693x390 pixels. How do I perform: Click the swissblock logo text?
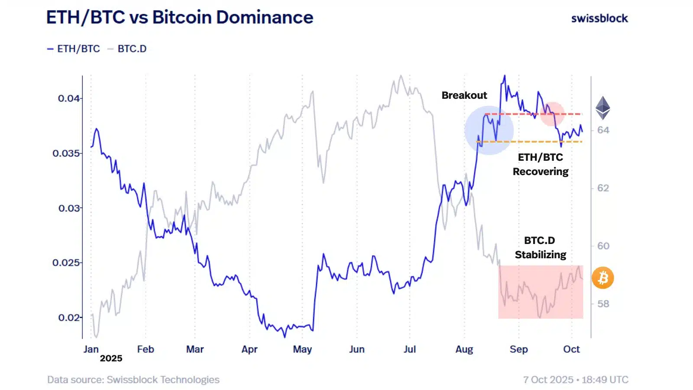coord(599,19)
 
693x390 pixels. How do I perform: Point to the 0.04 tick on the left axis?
coord(69,98)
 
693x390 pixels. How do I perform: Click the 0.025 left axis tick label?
coord(66,263)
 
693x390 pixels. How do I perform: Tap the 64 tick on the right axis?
coord(603,130)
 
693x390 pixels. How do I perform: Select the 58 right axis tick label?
coord(603,304)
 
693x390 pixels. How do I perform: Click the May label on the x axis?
coord(302,349)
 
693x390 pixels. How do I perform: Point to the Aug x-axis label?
coord(464,349)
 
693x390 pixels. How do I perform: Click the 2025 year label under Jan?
coord(111,358)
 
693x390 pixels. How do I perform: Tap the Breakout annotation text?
coord(464,95)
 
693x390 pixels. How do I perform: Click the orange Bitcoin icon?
coord(602,278)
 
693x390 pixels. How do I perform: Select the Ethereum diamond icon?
coord(602,108)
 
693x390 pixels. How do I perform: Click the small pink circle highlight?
coord(552,114)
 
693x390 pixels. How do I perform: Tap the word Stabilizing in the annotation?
coord(540,255)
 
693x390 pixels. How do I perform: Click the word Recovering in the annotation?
coord(540,172)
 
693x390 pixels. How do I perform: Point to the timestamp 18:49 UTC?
coord(605,380)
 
